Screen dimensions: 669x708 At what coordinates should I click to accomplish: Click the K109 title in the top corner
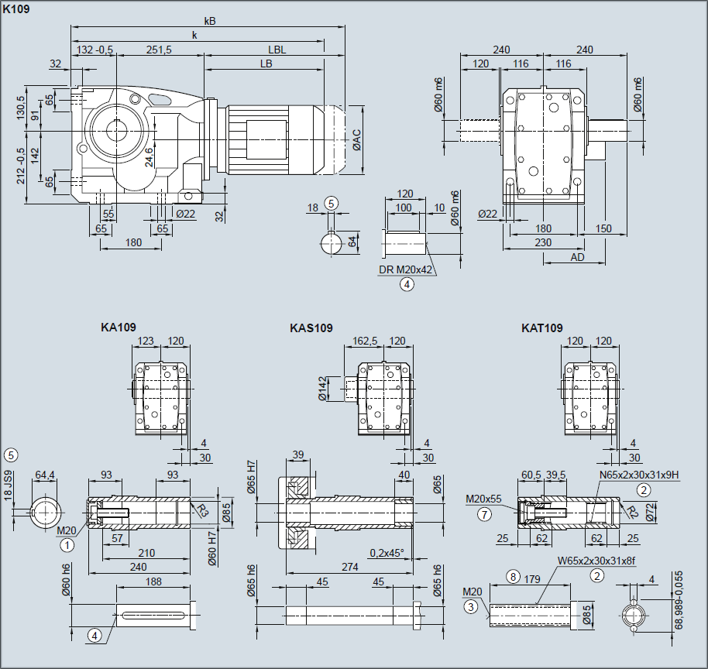[x=16, y=10]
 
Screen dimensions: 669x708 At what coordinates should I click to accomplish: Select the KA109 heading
[x=119, y=328]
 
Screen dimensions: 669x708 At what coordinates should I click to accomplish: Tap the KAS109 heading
[x=311, y=328]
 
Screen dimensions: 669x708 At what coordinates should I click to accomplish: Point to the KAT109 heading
[x=542, y=328]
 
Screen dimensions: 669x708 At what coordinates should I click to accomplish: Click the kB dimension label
[x=209, y=21]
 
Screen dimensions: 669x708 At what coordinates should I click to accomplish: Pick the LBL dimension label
[x=277, y=49]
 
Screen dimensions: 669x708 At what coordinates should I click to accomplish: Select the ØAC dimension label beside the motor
[x=356, y=139]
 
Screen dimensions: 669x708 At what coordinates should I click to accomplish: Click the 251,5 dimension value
[x=159, y=49]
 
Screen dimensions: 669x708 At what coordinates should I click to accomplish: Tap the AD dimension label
[x=577, y=256]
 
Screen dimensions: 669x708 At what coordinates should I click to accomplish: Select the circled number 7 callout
[x=485, y=514]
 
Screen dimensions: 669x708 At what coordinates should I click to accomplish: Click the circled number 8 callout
[x=512, y=576]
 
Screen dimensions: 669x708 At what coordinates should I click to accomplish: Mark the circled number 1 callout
[x=68, y=544]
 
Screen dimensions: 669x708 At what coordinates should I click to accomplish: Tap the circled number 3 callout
[x=470, y=607]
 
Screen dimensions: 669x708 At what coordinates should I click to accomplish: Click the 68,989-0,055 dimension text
[x=679, y=599]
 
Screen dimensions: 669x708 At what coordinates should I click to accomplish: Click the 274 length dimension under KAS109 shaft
[x=350, y=567]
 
